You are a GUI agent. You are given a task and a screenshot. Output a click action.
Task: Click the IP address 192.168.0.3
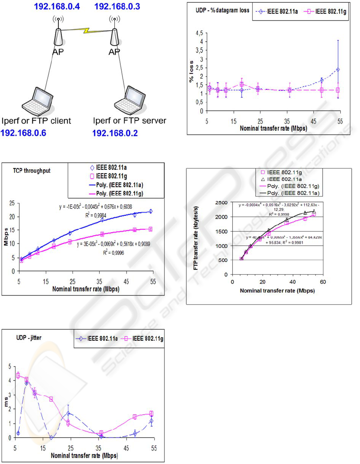pyautogui.click(x=117, y=6)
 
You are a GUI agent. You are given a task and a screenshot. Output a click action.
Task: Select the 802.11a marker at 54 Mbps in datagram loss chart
pyautogui.click(x=338, y=70)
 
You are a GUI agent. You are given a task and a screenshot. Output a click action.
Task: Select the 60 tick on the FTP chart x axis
pyautogui.click(x=322, y=282)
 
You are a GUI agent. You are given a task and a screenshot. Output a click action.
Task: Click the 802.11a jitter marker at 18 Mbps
pyautogui.click(x=51, y=437)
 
